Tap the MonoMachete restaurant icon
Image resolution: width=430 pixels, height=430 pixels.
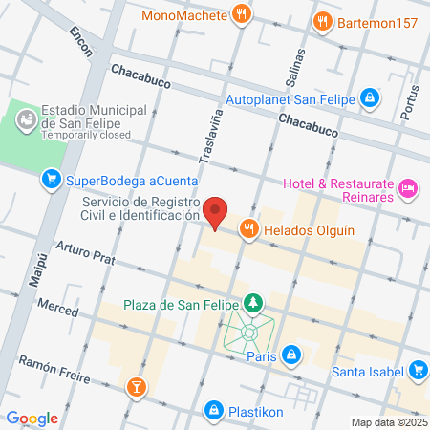pyautogui.click(x=243, y=14)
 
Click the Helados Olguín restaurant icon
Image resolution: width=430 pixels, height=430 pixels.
pyautogui.click(x=248, y=228)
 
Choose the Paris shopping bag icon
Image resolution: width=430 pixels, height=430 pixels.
pyautogui.click(x=293, y=355)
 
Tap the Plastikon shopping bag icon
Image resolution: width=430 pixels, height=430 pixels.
pyautogui.click(x=215, y=410)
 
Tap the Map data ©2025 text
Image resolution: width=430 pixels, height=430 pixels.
pyautogui.click(x=388, y=422)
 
